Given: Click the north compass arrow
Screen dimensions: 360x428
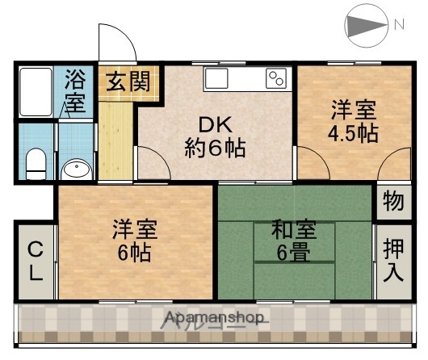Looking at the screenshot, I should (x=367, y=24).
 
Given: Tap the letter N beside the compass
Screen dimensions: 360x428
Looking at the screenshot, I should (x=399, y=24).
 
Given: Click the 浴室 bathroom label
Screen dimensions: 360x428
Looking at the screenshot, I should (x=74, y=92).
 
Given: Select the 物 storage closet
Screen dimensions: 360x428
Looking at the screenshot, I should (x=393, y=202).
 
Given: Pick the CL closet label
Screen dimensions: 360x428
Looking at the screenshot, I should (x=36, y=260).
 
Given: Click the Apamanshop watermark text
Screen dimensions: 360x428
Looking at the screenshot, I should (x=213, y=317).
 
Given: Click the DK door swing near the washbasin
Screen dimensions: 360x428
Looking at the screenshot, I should (x=153, y=161).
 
